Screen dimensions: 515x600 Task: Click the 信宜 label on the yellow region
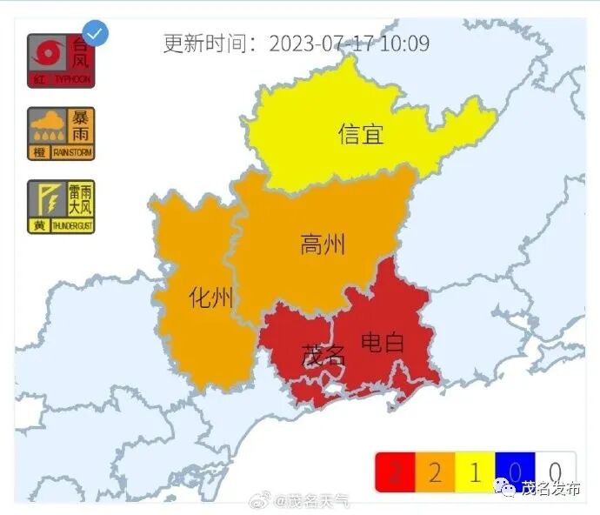pos(361,134)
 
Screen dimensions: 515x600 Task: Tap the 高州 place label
pos(323,244)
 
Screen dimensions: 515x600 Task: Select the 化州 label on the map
pos(210,298)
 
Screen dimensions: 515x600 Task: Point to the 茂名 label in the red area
pos(323,355)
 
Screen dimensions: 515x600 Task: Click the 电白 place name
pos(383,342)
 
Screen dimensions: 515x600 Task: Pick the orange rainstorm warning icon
pos(60,133)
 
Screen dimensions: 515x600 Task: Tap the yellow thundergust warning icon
pos(60,206)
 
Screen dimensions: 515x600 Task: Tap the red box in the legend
pos(395,472)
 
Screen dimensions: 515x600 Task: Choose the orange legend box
pos(435,472)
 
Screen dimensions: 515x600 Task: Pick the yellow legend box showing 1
pos(475,472)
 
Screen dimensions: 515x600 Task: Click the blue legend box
pos(515,472)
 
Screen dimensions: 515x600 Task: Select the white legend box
pos(555,472)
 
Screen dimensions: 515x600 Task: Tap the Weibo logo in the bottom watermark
pos(260,500)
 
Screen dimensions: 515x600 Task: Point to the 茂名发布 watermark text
pos(550,488)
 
